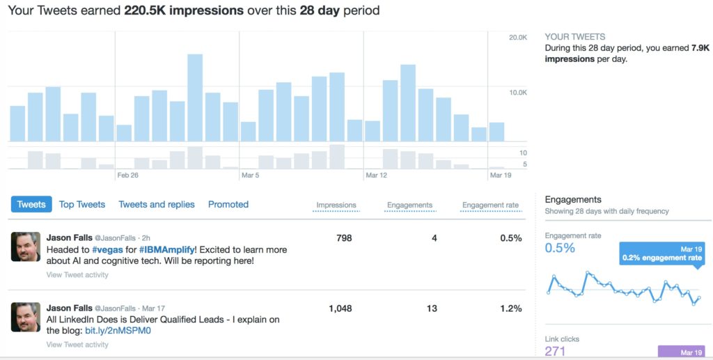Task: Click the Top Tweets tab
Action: click(82, 205)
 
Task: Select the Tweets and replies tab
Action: click(157, 205)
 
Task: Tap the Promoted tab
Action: click(228, 205)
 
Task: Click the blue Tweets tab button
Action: click(31, 205)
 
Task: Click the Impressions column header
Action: click(336, 205)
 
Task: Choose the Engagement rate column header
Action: click(491, 205)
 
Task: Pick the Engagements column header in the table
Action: click(409, 205)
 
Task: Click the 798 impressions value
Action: click(344, 238)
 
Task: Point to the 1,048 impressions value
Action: click(340, 308)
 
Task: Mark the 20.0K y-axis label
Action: click(518, 38)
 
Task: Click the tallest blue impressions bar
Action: click(195, 97)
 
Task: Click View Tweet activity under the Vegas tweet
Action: click(77, 275)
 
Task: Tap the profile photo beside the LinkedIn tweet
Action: click(26, 317)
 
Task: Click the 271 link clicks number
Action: click(555, 352)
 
